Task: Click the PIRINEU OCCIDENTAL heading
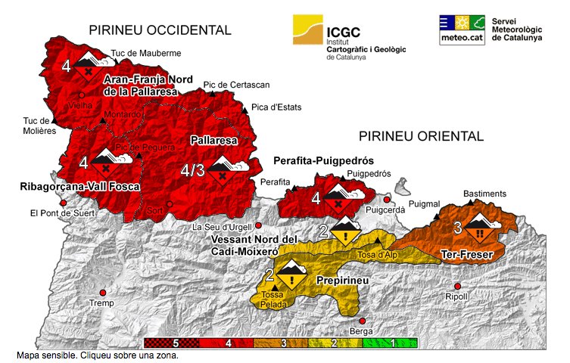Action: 160,30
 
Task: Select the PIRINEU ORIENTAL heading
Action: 420,136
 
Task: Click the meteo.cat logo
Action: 462,30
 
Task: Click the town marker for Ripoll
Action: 457,285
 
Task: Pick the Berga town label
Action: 362,331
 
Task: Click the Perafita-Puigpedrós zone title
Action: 324,161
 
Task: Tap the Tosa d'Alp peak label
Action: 376,255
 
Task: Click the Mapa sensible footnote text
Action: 96,354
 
